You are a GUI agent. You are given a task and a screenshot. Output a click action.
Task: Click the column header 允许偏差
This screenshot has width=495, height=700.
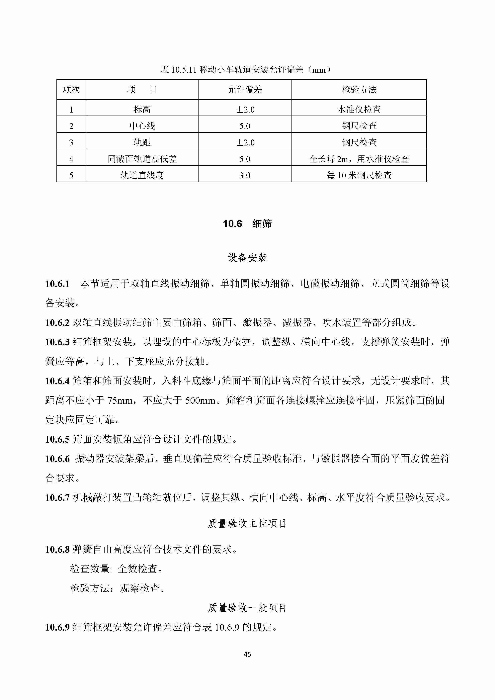(x=245, y=90)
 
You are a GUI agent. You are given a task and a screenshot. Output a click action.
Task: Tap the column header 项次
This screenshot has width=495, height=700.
(x=71, y=90)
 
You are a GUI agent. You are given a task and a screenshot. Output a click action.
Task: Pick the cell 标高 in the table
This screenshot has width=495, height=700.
(x=142, y=110)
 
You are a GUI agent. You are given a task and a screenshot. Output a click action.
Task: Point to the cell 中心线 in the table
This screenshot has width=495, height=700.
(x=142, y=126)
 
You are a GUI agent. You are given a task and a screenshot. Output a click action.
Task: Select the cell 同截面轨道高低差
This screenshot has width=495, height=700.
(x=142, y=159)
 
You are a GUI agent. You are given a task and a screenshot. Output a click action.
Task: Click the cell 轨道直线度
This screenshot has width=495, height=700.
(x=142, y=175)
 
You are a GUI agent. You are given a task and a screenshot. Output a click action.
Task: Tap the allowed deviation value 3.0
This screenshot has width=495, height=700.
(x=245, y=175)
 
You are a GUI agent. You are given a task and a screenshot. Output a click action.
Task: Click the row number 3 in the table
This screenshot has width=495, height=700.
(x=71, y=142)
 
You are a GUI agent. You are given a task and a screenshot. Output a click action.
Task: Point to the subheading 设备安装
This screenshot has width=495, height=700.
(x=247, y=258)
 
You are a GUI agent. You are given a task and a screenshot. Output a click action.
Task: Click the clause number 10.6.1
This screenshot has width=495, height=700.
(x=57, y=284)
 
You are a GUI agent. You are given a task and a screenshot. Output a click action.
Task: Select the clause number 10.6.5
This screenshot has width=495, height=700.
(x=57, y=439)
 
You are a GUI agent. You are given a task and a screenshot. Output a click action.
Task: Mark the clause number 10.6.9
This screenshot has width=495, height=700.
(x=57, y=627)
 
